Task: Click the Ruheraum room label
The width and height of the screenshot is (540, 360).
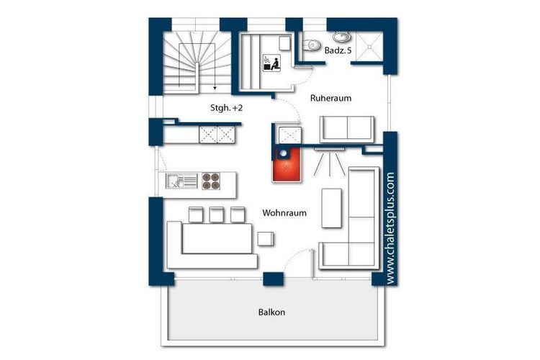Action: pos(330,98)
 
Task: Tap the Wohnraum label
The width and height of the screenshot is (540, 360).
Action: pos(284,213)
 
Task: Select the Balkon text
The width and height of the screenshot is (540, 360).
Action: pos(271,312)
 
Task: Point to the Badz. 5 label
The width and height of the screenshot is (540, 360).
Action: pos(338,50)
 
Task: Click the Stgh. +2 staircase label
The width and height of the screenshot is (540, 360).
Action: pos(226,108)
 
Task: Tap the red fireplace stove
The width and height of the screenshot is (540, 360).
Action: pos(287,164)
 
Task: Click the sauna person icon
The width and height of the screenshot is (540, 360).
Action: pos(271,63)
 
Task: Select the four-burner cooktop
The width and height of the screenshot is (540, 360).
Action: pos(211,181)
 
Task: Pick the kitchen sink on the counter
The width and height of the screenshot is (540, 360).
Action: pos(181,181)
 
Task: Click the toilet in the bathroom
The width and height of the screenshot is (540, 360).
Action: pos(311,45)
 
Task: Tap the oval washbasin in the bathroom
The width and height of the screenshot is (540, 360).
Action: pos(341,36)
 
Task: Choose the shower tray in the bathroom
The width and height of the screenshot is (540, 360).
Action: pos(369,46)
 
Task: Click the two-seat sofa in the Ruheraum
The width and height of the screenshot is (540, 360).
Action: pos(347,129)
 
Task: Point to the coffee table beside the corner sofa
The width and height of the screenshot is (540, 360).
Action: pos(332,208)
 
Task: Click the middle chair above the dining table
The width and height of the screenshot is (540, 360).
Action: pos(216,215)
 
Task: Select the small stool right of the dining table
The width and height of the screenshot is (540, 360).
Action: pos(266,239)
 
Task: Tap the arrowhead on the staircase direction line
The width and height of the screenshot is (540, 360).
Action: pos(215,88)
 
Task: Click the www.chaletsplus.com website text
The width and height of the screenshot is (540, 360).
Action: pos(390,228)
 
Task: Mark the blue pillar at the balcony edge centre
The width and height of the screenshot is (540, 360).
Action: pos(274,279)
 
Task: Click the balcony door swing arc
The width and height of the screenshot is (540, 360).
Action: pos(296,256)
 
